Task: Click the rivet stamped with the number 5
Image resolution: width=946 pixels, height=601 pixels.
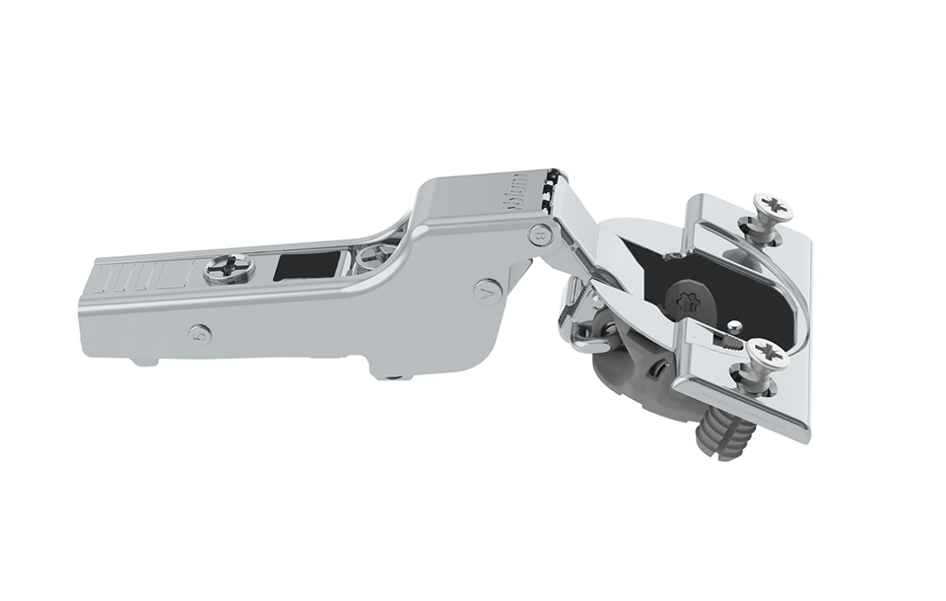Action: click(200, 334)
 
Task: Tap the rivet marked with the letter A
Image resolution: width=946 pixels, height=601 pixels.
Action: click(488, 292)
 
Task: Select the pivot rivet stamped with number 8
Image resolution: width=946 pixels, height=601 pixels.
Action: click(540, 234)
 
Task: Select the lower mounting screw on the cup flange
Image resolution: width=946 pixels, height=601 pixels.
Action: click(764, 354)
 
